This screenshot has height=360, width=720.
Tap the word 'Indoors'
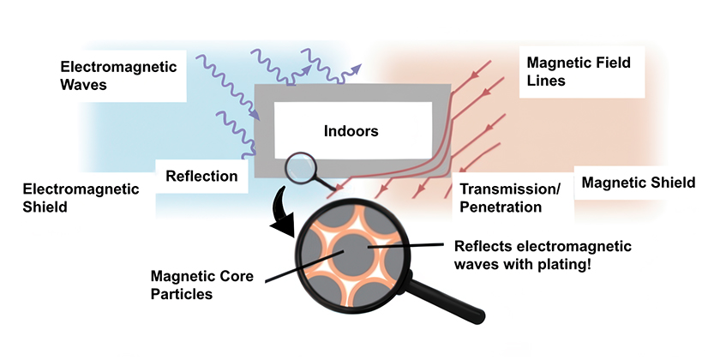tap(351, 131)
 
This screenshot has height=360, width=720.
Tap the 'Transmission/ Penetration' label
tap(510, 197)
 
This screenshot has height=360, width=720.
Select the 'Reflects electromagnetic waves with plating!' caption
tap(542, 256)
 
